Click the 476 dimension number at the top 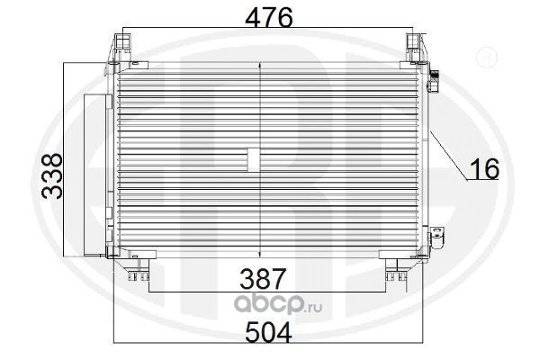(x=268, y=17)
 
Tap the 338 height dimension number (x=51, y=176)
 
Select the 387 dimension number (x=263, y=279)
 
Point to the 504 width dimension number (x=268, y=332)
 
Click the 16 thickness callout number (x=485, y=169)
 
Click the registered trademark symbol (x=486, y=58)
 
